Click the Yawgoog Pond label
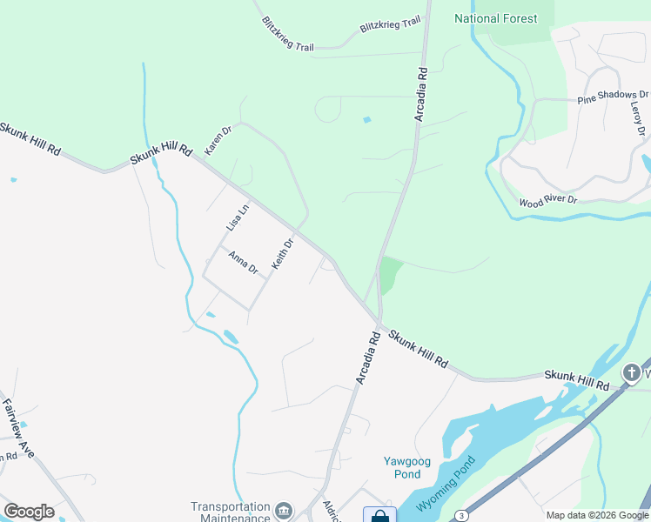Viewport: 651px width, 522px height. tap(401, 467)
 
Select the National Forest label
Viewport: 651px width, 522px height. tap(495, 18)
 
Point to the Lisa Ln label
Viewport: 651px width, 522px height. tap(237, 217)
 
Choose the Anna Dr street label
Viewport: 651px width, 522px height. tap(243, 263)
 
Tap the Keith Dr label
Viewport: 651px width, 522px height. tap(283, 253)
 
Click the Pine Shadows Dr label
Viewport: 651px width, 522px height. tap(613, 96)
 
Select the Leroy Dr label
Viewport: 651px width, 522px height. tap(638, 118)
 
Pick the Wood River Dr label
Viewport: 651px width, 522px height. tap(547, 201)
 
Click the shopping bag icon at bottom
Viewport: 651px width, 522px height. tap(379, 515)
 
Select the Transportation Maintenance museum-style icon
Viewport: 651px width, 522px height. tap(284, 510)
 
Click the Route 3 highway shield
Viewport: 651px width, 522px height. tap(460, 517)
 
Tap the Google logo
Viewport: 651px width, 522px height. tap(29, 512)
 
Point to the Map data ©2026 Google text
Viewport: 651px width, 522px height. tap(597, 515)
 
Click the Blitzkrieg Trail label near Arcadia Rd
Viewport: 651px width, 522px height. tap(390, 25)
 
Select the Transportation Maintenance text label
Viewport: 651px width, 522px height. tap(231, 512)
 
